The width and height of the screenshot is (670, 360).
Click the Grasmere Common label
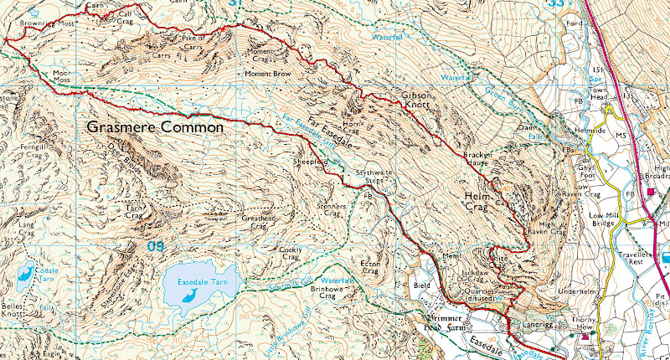[155, 128]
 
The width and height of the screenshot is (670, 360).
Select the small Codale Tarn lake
[25, 273]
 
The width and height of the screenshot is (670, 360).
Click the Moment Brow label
[266, 74]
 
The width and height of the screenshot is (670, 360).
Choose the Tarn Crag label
[136, 210]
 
